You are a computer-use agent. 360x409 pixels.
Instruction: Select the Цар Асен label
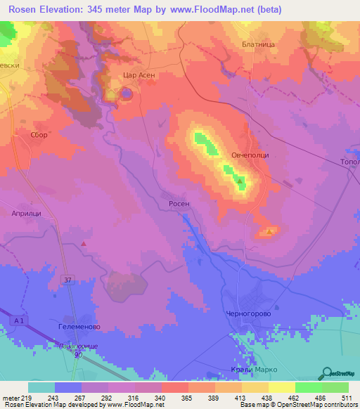[139, 74]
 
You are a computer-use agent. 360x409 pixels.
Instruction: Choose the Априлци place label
[25, 212]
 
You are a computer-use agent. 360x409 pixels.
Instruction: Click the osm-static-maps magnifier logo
[327, 373]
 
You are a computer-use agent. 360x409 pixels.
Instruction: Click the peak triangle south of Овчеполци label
[240, 182]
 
